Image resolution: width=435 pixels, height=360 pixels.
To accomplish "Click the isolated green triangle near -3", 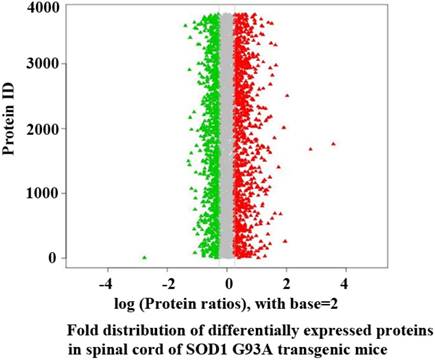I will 144,257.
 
